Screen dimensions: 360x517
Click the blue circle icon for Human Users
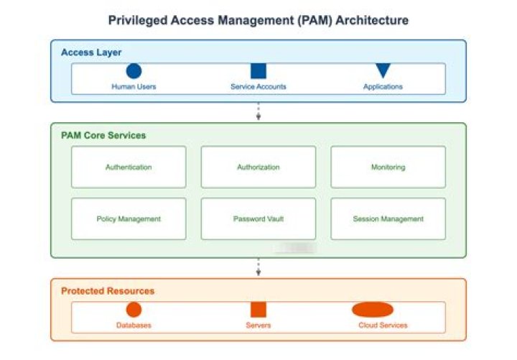(134, 71)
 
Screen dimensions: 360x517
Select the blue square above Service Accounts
(258, 71)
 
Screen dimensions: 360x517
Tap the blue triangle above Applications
(383, 70)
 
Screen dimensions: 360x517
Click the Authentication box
(129, 167)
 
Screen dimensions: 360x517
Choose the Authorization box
(258, 167)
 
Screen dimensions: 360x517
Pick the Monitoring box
(388, 167)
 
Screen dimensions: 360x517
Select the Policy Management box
(129, 218)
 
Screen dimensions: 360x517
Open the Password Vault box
(258, 218)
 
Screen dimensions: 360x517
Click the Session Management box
(388, 218)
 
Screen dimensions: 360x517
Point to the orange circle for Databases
(134, 310)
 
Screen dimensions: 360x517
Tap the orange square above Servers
(258, 310)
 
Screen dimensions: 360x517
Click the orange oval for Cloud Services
(373, 310)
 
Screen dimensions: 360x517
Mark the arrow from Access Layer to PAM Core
(258, 112)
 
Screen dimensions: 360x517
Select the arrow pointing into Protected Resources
(258, 268)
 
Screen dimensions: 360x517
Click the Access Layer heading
(91, 52)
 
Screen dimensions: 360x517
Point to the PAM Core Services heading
(103, 135)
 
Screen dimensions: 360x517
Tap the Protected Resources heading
(108, 291)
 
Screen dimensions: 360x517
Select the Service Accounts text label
(258, 87)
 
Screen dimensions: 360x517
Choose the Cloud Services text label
(383, 326)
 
